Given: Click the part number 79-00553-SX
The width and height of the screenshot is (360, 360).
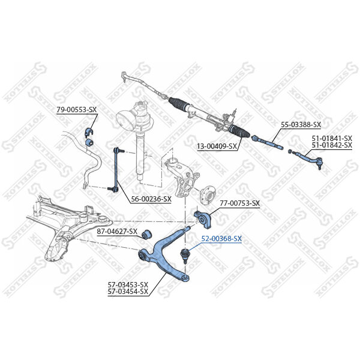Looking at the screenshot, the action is click(76, 110).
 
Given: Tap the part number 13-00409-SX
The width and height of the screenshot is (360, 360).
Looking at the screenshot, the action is click(217, 146).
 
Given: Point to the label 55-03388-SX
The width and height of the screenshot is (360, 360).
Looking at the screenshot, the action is click(301, 125).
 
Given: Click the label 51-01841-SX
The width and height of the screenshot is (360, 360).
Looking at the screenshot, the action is click(332, 138).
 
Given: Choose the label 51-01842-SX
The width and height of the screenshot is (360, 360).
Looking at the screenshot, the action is click(332, 145).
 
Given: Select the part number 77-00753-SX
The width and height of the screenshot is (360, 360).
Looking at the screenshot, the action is click(239, 203).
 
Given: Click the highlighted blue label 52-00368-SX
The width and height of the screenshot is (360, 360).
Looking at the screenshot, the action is click(221, 239).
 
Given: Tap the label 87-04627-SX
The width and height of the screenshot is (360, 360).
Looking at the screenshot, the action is click(117, 231).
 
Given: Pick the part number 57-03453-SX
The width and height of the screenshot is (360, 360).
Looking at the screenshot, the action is click(128, 285).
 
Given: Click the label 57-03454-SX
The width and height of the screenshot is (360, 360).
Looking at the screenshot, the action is click(128, 292).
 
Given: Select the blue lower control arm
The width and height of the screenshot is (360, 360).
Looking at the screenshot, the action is click(162, 252).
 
